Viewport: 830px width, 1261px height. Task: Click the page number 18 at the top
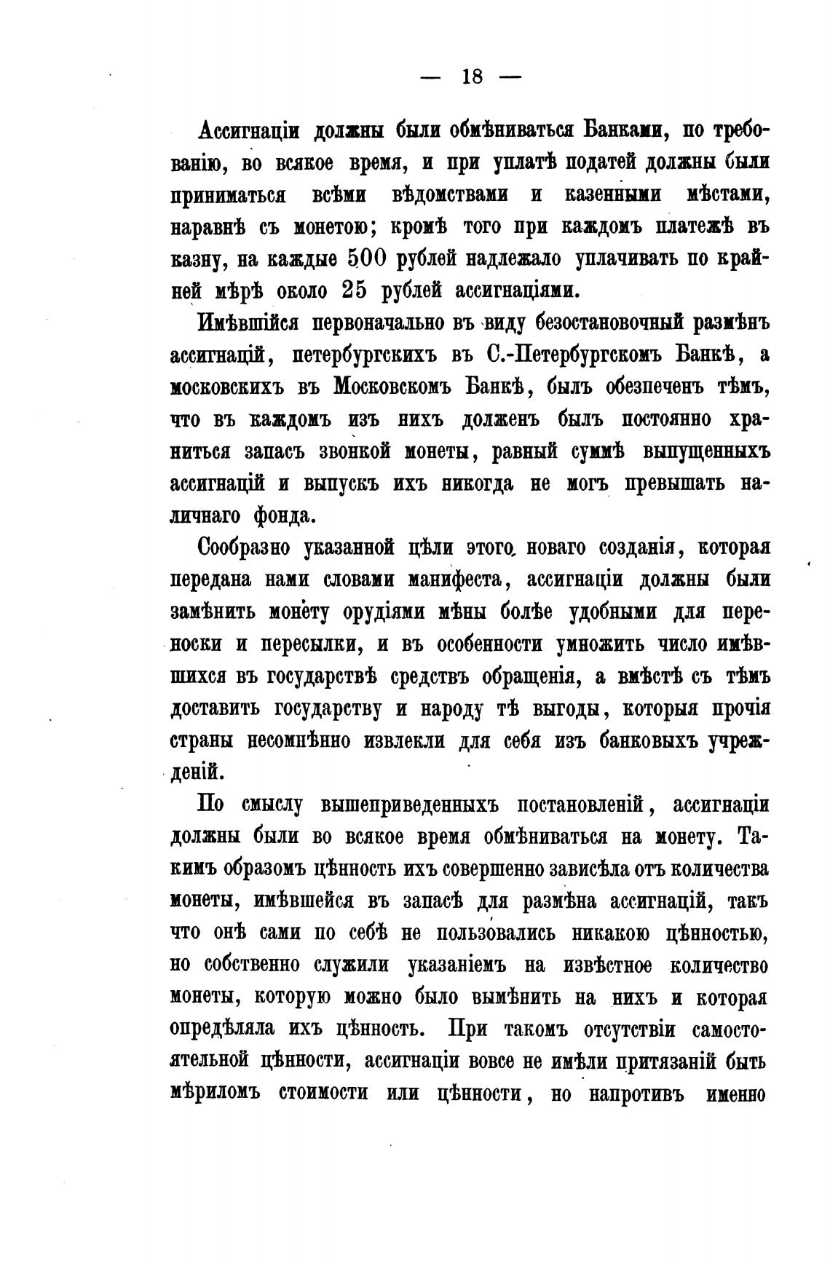point(472,76)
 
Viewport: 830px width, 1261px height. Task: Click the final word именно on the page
point(731,1094)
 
